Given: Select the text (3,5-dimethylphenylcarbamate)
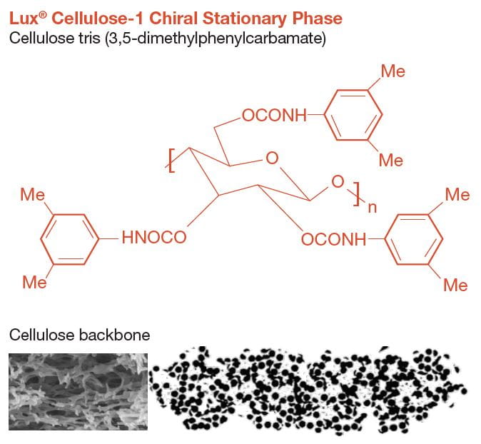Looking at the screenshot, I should [216, 37].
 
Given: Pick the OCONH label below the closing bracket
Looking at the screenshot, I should [333, 239].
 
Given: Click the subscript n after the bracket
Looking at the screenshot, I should [370, 208].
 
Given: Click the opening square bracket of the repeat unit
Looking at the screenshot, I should [171, 160].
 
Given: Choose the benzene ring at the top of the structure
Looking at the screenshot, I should [353, 116].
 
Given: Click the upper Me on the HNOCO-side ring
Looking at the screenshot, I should [32, 195].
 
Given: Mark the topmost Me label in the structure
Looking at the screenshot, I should [393, 71].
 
